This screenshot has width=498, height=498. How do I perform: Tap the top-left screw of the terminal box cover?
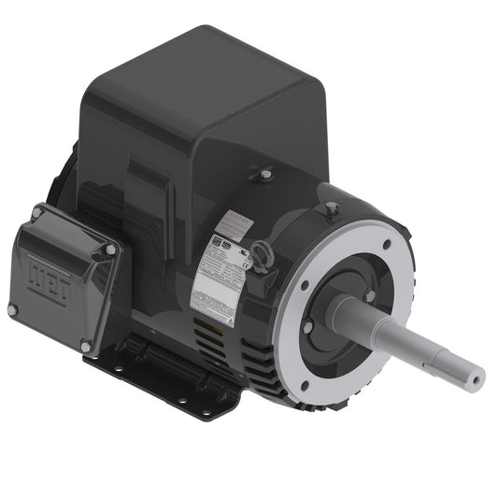(x=36, y=214)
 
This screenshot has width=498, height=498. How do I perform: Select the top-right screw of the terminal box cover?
(x=110, y=250)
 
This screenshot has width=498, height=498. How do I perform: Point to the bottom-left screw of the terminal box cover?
(x=12, y=309)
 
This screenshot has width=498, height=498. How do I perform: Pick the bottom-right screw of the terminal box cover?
(x=86, y=347)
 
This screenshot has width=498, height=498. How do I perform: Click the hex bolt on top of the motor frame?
(x=266, y=174)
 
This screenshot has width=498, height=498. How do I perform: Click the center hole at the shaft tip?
(x=477, y=377)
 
